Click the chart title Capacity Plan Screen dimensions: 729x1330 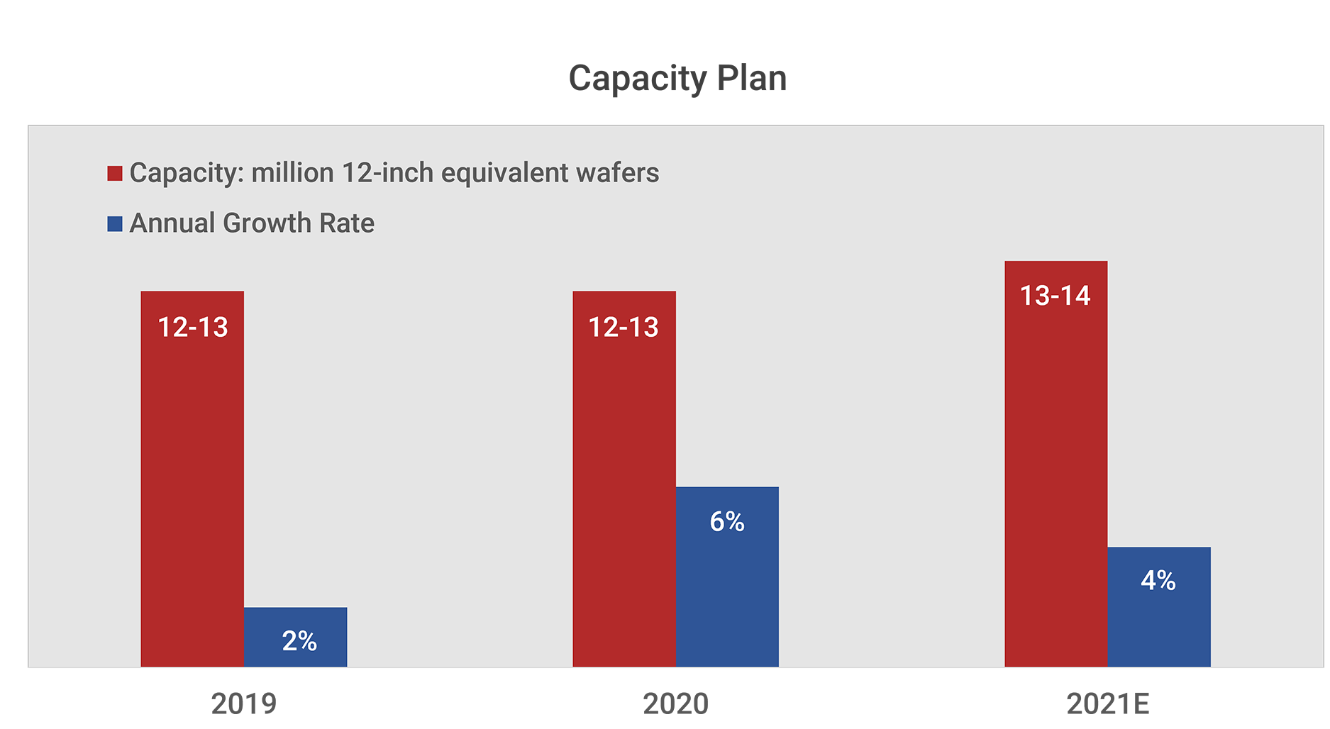click(677, 78)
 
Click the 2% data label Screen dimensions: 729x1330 click(299, 641)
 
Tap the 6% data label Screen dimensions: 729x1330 click(727, 522)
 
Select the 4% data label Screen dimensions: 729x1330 click(1158, 581)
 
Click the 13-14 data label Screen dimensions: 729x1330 click(1055, 296)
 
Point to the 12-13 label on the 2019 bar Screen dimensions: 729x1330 click(193, 328)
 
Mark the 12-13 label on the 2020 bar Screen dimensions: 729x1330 click(624, 328)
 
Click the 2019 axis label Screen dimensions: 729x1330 click(243, 703)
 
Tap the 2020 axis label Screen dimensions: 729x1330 click(675, 703)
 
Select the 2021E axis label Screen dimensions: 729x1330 click(1107, 703)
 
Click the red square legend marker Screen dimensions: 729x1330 click(115, 173)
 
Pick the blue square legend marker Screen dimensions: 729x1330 click(115, 224)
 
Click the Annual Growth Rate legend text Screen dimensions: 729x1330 click(252, 223)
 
